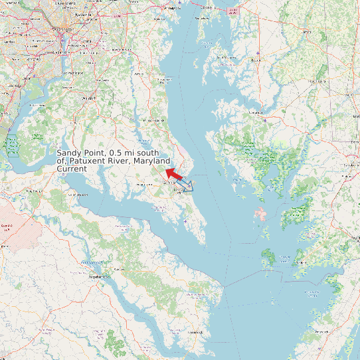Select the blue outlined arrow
pos(189,186)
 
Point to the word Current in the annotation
pos(72,169)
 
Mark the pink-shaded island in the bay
pos(260,215)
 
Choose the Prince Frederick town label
pos(154,120)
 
